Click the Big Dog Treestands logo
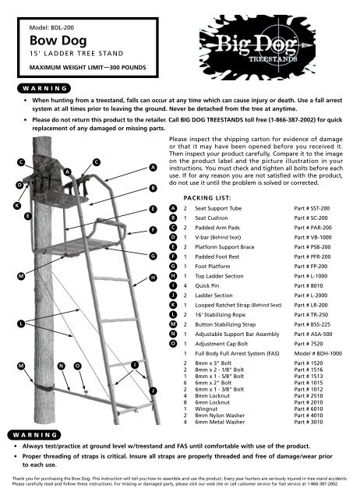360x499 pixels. [x=257, y=47]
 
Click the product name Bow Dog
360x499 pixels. [x=58, y=41]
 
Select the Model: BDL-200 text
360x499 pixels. [x=51, y=27]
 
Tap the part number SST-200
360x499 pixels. [x=312, y=208]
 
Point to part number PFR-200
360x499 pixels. [x=312, y=257]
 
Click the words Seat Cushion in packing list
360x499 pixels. [x=211, y=218]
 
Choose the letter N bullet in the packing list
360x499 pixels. [x=173, y=334]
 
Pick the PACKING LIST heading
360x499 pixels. [x=207, y=198]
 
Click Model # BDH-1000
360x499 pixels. [x=318, y=353]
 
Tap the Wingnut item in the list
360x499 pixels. [x=206, y=409]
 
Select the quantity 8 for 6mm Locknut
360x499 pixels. [x=185, y=402]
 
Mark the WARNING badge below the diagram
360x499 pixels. [x=34, y=435]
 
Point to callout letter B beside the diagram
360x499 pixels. [x=154, y=188]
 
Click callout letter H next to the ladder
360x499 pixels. [x=154, y=278]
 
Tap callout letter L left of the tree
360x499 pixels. [x=21, y=324]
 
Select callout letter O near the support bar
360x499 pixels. [x=78, y=366]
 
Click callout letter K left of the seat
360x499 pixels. [x=17, y=206]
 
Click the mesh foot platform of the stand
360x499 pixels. [x=76, y=246]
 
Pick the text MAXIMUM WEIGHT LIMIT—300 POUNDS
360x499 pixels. [x=88, y=68]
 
